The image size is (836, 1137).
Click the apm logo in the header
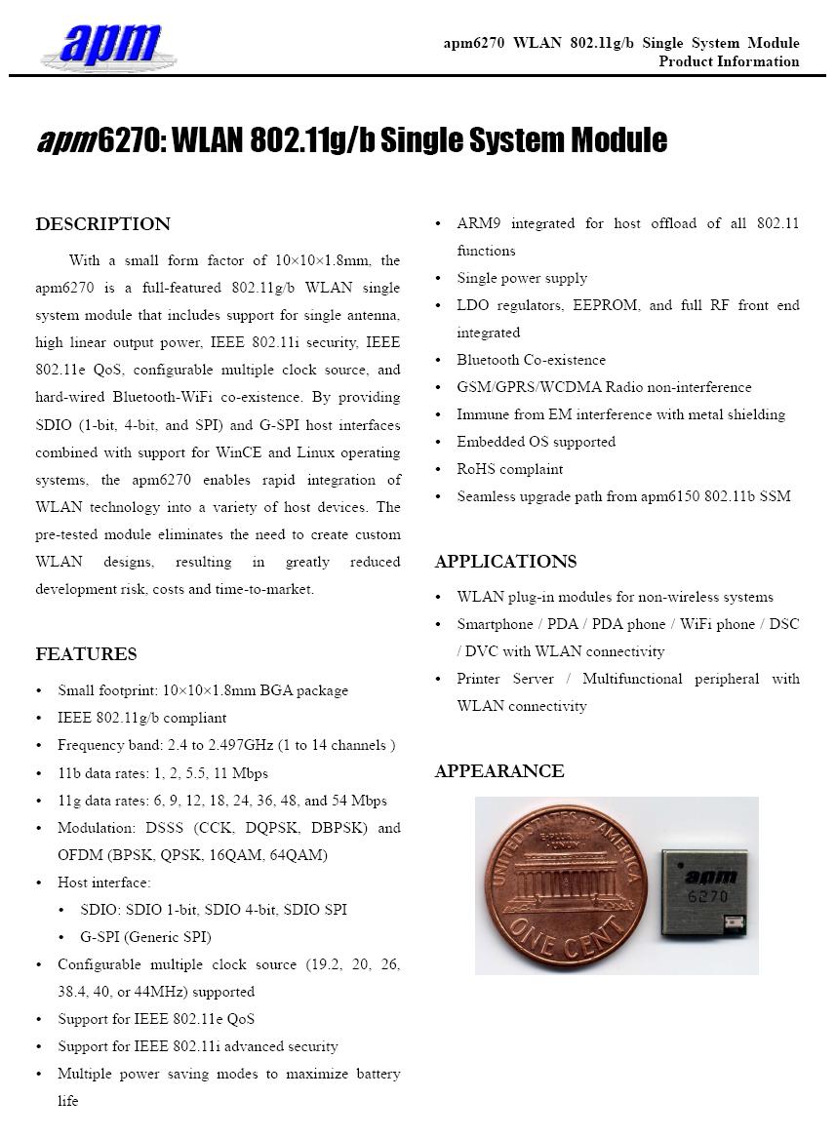click(x=109, y=45)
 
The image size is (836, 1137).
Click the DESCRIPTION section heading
click(x=102, y=224)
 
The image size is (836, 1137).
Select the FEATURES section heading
click(x=86, y=654)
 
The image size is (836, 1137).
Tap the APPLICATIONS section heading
click(x=505, y=562)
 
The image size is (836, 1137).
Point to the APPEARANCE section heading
click(x=499, y=771)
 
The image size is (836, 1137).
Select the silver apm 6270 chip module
click(x=704, y=891)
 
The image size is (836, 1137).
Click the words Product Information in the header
click(x=729, y=61)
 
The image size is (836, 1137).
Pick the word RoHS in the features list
click(x=476, y=469)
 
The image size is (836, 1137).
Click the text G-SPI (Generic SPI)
click(x=146, y=937)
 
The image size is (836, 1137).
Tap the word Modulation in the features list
click(x=90, y=828)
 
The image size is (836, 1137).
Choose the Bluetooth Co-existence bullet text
click(x=531, y=360)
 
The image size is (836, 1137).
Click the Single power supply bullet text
click(x=522, y=278)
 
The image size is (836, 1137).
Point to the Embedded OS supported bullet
click(x=536, y=442)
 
